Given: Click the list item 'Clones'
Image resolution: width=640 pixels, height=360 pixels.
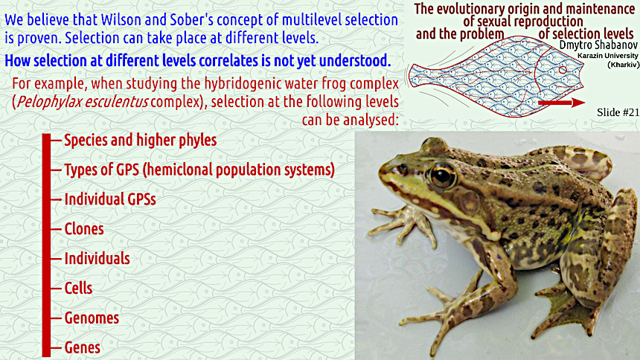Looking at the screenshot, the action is pyautogui.click(x=84, y=229).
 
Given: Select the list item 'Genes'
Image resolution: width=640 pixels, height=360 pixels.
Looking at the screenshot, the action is pyautogui.click(x=83, y=348).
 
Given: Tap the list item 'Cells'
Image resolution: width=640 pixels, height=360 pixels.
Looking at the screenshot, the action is pyautogui.click(x=78, y=288).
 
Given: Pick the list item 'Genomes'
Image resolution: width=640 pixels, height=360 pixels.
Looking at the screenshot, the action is pyautogui.click(x=92, y=318).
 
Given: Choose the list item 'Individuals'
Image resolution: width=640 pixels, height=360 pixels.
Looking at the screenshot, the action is pyautogui.click(x=97, y=258).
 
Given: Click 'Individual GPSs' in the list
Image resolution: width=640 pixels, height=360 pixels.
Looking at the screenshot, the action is pyautogui.click(x=110, y=199).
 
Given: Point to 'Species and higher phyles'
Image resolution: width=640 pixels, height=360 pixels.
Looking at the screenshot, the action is pyautogui.click(x=141, y=140).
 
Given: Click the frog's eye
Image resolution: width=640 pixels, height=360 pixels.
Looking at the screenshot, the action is pyautogui.click(x=442, y=176).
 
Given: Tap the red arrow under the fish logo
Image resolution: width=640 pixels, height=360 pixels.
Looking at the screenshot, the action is pyautogui.click(x=562, y=103).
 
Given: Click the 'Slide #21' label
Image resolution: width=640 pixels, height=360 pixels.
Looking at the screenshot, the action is pyautogui.click(x=618, y=112).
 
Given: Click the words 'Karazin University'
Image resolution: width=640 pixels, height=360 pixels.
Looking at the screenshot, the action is pyautogui.click(x=608, y=56).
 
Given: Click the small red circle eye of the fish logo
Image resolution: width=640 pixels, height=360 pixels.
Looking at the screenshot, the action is pyautogui.click(x=563, y=70).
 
